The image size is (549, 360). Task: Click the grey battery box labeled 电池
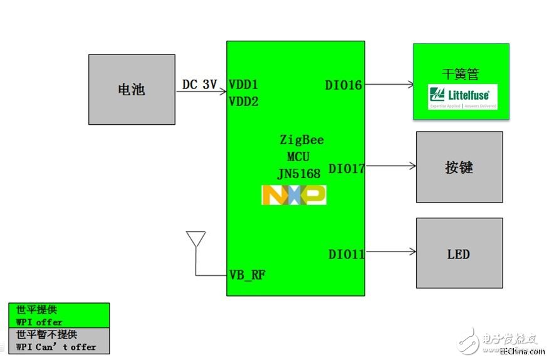[132, 90]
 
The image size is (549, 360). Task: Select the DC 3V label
[199, 84]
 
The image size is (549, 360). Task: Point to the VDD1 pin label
[243, 85]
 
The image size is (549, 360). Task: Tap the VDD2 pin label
[243, 101]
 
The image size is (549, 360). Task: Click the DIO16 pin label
[343, 85]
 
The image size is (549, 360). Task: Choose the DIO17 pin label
[347, 168]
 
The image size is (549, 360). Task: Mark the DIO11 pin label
[347, 254]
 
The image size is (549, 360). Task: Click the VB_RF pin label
[247, 275]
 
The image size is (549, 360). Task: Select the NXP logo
[293, 195]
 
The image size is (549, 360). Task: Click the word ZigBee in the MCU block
[301, 140]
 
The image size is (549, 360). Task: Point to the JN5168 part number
[298, 173]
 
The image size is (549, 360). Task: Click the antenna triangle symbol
[196, 239]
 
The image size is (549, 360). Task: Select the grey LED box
[459, 253]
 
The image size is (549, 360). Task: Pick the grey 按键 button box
[459, 167]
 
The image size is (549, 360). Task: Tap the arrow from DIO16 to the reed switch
[389, 85]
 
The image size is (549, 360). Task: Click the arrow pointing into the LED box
[390, 252]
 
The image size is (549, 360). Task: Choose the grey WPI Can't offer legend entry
[59, 341]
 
